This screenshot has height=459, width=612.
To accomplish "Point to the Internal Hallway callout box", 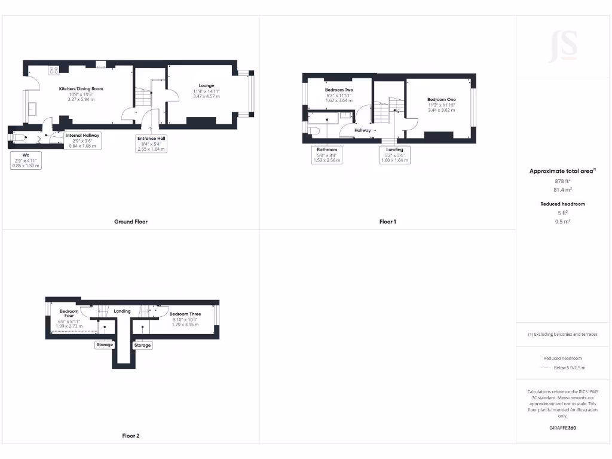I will pyautogui.click(x=82, y=140).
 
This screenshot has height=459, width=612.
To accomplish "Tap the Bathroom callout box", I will pyautogui.click(x=327, y=155).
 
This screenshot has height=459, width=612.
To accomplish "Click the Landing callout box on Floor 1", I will pyautogui.click(x=394, y=155).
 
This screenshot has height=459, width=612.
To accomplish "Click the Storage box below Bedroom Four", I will pyautogui.click(x=105, y=345).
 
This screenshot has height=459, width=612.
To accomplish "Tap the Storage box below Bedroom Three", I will pyautogui.click(x=142, y=345).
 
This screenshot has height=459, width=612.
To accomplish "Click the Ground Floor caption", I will pyautogui.click(x=131, y=222).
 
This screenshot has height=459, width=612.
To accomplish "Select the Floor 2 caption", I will pyautogui.click(x=131, y=436).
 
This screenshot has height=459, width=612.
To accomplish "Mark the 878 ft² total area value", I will pyautogui.click(x=563, y=180).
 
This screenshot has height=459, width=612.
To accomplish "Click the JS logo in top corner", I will pyautogui.click(x=563, y=45).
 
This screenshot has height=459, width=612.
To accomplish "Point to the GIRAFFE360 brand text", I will pyautogui.click(x=564, y=428).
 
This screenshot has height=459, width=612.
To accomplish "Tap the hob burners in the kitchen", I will pyautogui.click(x=54, y=70).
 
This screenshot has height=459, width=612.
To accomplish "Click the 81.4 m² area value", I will pyautogui.click(x=563, y=189).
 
